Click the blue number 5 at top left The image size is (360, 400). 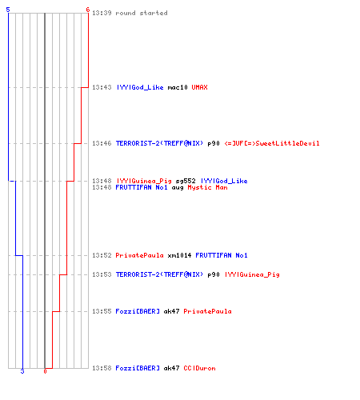[x=8, y=10]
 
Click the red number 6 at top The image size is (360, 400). [x=87, y=10]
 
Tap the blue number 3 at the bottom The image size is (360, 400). [x=22, y=371]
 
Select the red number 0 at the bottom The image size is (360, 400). [x=45, y=371]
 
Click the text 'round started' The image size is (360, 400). [x=142, y=13]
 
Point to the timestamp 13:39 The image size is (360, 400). [x=102, y=13]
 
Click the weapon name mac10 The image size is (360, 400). [x=178, y=87]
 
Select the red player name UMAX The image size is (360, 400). [x=199, y=87]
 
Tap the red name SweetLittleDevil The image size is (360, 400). [x=287, y=143]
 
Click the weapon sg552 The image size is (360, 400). [x=186, y=181]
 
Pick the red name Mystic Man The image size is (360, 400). [x=207, y=187]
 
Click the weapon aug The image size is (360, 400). [x=178, y=188]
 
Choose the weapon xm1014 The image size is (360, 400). [x=179, y=255]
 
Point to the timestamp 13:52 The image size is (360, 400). [x=102, y=255]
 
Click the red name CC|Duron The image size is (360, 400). [x=199, y=368]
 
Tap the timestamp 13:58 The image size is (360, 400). [x=102, y=368]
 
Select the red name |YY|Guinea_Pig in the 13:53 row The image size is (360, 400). [x=252, y=274]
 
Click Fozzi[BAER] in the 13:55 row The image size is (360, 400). [x=138, y=311]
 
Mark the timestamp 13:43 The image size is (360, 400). [x=102, y=87]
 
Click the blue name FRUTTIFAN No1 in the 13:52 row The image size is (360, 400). [x=222, y=255]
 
